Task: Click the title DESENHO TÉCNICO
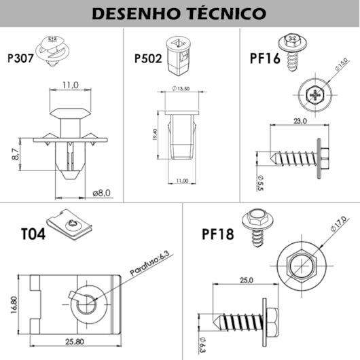point(179,13)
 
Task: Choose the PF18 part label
point(219,235)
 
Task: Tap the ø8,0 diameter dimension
point(101,192)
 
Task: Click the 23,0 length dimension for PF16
point(300,121)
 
